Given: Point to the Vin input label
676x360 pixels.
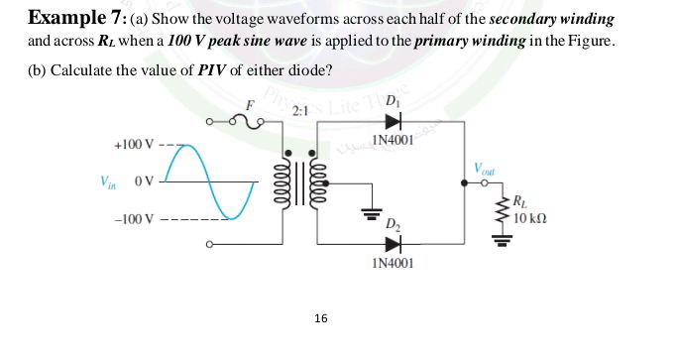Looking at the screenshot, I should [x=106, y=181].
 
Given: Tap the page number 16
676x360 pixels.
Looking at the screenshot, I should [x=319, y=318].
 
